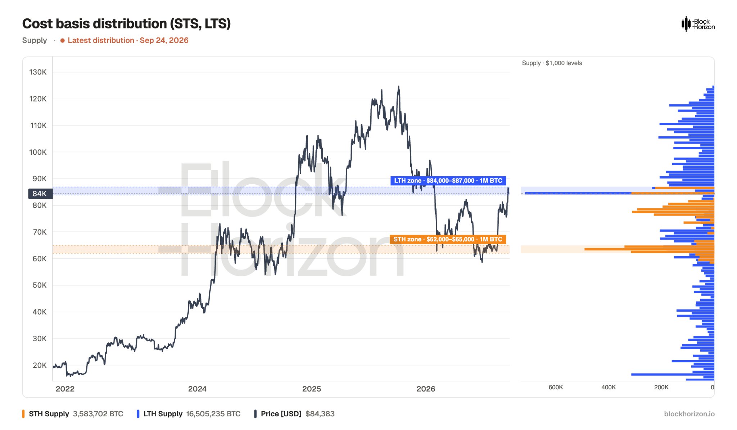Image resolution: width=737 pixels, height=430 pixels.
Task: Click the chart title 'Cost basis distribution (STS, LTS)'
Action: point(126,24)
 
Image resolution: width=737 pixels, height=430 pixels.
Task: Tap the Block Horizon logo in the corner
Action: point(698,24)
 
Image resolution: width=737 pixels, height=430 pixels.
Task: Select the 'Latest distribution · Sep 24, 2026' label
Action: point(125,40)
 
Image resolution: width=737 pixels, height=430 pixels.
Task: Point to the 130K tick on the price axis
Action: point(38,72)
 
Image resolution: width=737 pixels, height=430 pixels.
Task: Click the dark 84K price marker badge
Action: point(40,194)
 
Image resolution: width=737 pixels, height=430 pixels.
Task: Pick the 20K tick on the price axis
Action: point(40,365)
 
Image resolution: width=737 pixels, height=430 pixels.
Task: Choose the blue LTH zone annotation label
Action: point(448,181)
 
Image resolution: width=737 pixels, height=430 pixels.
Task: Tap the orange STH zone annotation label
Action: point(448,239)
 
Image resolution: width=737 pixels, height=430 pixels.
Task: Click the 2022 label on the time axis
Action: point(65,389)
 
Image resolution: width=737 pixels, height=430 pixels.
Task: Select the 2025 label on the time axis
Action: point(312,389)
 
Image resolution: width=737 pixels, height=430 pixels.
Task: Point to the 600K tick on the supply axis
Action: point(556,387)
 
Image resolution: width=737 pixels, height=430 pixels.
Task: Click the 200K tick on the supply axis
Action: point(661,387)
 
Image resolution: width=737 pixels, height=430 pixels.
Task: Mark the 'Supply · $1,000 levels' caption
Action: point(552,63)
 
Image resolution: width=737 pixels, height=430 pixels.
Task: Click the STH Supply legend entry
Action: point(72,414)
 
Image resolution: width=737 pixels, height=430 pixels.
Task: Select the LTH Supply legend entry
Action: point(189,414)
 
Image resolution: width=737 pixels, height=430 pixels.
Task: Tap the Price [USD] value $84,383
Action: point(320,414)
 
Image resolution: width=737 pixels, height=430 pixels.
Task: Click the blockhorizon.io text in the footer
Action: point(689,414)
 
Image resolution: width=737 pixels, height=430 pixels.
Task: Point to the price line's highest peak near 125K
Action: point(398,86)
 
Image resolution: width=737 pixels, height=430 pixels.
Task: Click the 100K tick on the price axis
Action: point(38,152)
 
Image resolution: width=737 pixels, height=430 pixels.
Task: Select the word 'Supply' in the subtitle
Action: point(35,40)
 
